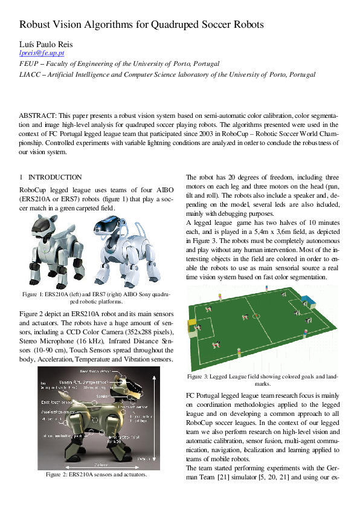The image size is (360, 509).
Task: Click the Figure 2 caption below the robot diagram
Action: [x=96, y=475]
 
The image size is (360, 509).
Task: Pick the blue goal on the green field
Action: [x=309, y=300]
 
